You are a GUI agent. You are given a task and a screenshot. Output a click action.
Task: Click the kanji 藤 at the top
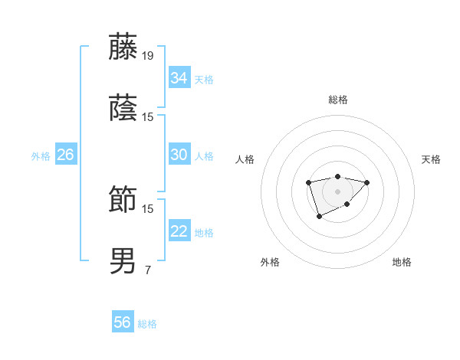pyautogui.click(x=123, y=47)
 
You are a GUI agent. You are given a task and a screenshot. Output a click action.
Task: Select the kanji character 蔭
pyautogui.click(x=123, y=109)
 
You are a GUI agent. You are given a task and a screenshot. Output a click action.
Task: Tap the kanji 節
pyautogui.click(x=123, y=200)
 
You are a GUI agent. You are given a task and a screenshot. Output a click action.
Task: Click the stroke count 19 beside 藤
pyautogui.click(x=148, y=55)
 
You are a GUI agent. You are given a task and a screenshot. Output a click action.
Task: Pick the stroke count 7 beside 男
pyautogui.click(x=148, y=270)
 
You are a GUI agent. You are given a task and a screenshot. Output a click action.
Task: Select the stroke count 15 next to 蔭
pyautogui.click(x=148, y=116)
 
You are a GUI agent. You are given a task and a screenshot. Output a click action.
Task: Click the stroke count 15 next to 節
pyautogui.click(x=148, y=208)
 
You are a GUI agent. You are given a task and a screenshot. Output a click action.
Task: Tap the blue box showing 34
pyautogui.click(x=179, y=78)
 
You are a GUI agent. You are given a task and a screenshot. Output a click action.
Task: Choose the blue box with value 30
pyautogui.click(x=179, y=155)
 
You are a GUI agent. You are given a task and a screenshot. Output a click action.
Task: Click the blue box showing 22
pyautogui.click(x=179, y=231)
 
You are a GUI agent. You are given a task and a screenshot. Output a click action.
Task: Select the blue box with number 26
pyautogui.click(x=65, y=155)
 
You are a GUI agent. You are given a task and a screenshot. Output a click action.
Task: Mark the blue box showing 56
pyautogui.click(x=123, y=322)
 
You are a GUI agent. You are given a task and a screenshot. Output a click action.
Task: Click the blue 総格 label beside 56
pyautogui.click(x=147, y=324)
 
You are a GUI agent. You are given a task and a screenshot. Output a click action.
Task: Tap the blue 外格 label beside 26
pyautogui.click(x=41, y=156)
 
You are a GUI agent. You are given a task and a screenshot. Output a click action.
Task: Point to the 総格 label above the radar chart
pyautogui.click(x=337, y=100)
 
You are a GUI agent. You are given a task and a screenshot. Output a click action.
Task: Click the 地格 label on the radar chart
pyautogui.click(x=402, y=262)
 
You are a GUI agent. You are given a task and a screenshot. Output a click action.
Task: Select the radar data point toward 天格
pyautogui.click(x=367, y=182)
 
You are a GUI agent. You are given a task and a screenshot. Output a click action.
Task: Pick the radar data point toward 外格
pyautogui.click(x=319, y=218)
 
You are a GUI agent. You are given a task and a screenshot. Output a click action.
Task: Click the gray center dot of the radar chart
pyautogui.click(x=337, y=191)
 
